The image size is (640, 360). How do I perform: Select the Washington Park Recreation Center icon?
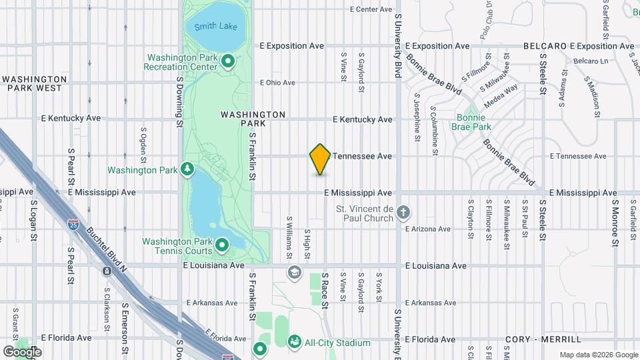[x=227, y=62]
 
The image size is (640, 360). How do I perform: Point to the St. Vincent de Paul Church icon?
[x=403, y=213]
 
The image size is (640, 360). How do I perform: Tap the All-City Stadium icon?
[x=294, y=342]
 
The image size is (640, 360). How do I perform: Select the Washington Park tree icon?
[x=189, y=169]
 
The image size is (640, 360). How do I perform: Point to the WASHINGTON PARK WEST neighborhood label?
[x=35, y=83]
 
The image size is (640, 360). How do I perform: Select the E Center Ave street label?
[x=371, y=9]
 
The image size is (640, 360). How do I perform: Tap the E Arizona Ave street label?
[x=428, y=229]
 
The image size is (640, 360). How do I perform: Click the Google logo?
[x=22, y=351]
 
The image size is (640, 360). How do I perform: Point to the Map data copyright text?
[x=598, y=355]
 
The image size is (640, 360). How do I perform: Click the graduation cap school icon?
[x=294, y=272]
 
